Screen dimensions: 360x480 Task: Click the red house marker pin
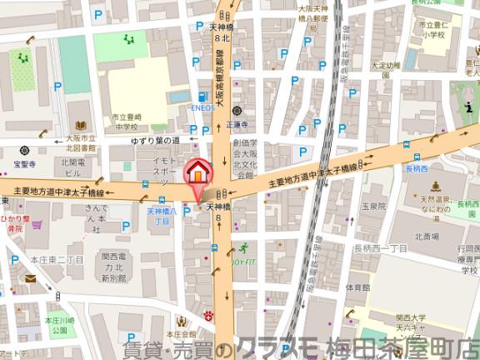[x=197, y=172]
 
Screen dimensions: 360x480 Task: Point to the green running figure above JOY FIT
[x=245, y=248]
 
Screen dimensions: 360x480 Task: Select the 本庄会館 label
[x=180, y=332]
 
